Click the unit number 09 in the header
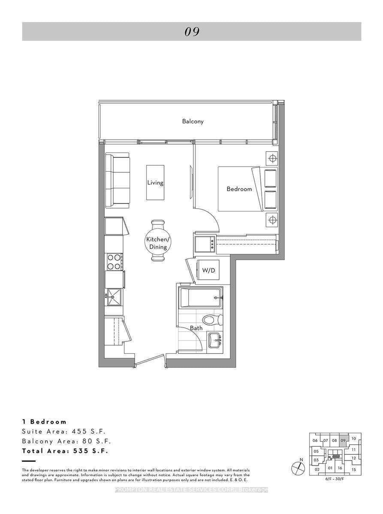click(x=192, y=32)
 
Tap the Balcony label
click(x=193, y=121)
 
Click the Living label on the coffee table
click(x=155, y=182)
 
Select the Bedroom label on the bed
click(x=239, y=188)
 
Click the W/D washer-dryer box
click(x=208, y=271)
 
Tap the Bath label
click(x=196, y=328)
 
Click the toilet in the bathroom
click(x=213, y=320)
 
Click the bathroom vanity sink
click(x=214, y=341)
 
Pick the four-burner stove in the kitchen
click(x=114, y=262)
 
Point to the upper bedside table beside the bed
click(x=271, y=158)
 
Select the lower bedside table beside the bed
click(x=271, y=220)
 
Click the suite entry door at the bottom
click(x=149, y=360)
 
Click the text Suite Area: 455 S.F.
click(x=63, y=431)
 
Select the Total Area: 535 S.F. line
click(x=65, y=451)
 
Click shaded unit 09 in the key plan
click(x=343, y=440)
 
